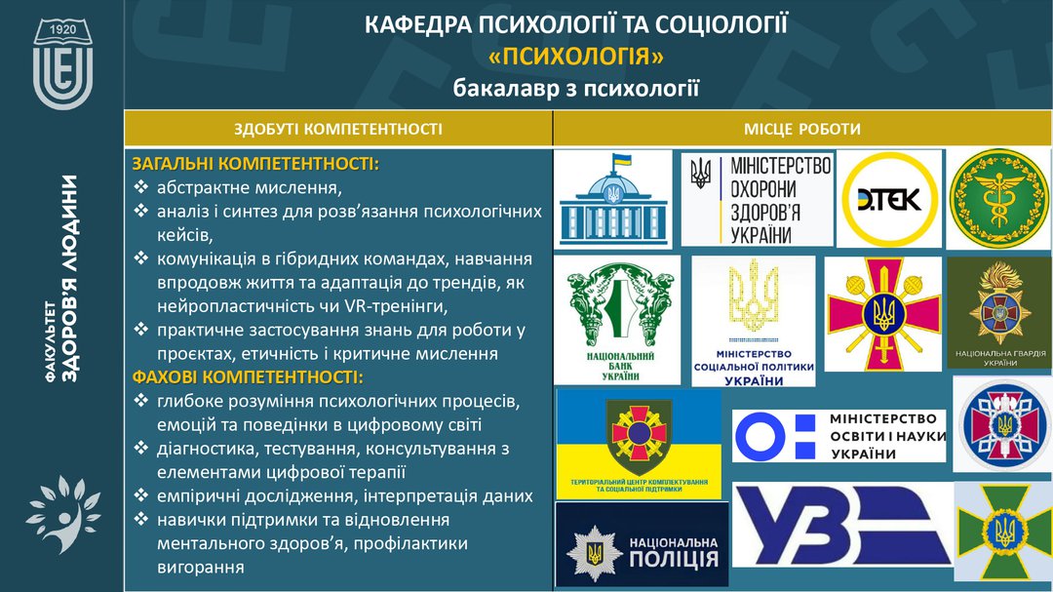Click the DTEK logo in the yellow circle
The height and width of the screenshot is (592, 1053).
coord(888,198)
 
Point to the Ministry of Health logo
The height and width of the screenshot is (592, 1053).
coord(757,199)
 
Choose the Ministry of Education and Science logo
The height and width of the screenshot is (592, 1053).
coord(838,436)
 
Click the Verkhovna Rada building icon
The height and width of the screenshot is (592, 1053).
coord(612,198)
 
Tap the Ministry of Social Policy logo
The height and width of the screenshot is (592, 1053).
coord(753,320)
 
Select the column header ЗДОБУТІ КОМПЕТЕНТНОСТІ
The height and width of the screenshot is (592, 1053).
coord(337,129)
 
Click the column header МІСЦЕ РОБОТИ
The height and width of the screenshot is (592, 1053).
coord(802,129)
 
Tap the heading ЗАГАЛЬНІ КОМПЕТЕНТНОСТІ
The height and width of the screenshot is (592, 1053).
coord(255,163)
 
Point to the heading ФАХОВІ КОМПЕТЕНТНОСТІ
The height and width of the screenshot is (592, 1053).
coord(248,376)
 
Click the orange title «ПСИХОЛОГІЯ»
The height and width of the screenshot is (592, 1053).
coord(576,57)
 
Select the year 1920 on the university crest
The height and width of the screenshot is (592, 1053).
coord(63,31)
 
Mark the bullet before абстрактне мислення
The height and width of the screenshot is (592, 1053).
coord(141,186)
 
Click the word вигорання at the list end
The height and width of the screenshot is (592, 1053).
coord(200,567)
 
